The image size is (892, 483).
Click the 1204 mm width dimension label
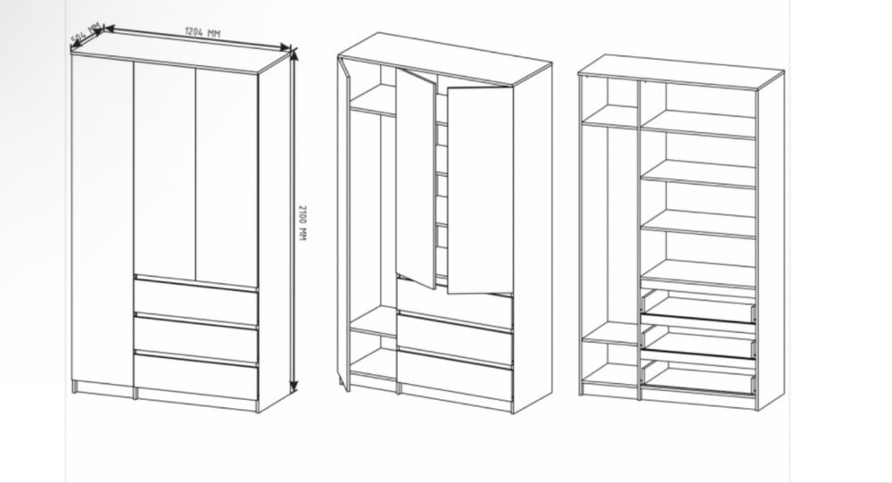[x=202, y=32]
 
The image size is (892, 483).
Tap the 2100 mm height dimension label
[x=302, y=222]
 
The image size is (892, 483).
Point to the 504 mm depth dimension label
[x=86, y=33]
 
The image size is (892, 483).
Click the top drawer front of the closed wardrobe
[x=196, y=301]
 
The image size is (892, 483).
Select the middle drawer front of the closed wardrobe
[x=196, y=338]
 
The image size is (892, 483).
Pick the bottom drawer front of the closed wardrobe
[x=196, y=376]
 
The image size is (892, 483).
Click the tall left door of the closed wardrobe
[x=103, y=221]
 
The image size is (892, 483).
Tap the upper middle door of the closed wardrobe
[x=165, y=171]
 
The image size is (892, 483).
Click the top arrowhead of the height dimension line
[x=293, y=53]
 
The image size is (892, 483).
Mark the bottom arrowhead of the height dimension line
[x=293, y=387]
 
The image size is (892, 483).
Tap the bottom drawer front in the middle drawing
[x=455, y=376]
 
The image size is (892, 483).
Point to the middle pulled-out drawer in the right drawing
[x=698, y=342]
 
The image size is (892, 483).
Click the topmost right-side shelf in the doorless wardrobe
[x=698, y=124]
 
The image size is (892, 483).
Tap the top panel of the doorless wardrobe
[x=681, y=71]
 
